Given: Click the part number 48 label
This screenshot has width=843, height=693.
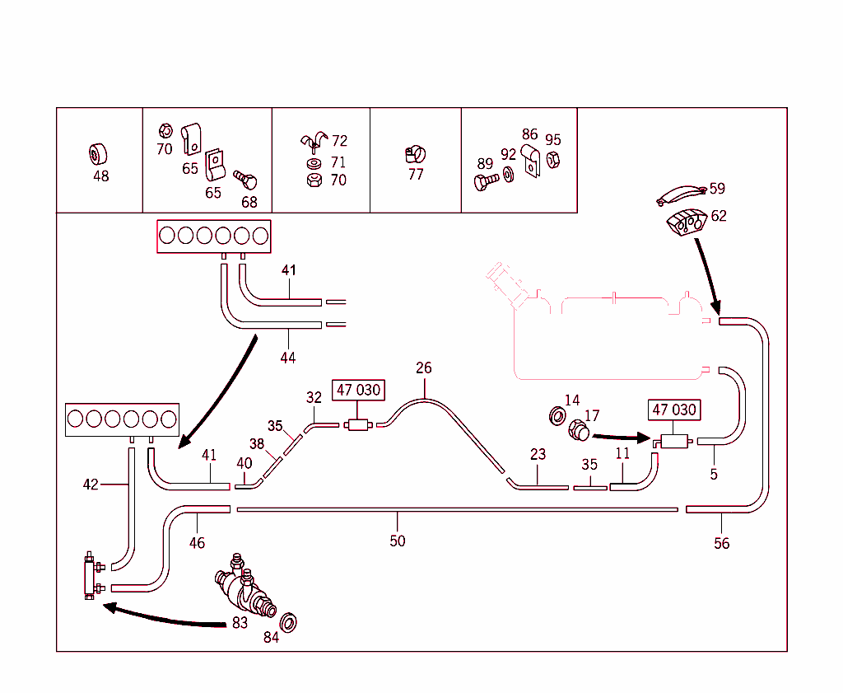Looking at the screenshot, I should (x=100, y=176).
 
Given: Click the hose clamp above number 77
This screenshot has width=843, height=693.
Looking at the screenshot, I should (x=415, y=153).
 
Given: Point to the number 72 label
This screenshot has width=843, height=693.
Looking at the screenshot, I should (x=339, y=142).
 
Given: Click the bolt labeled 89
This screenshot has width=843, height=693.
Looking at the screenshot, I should (x=487, y=179).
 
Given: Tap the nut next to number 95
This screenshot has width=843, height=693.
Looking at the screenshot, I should (x=553, y=159).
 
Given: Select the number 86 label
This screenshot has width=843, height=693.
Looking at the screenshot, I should (x=529, y=134).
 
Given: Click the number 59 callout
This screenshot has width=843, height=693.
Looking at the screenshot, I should (x=718, y=189).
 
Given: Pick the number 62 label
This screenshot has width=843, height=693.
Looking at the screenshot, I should (x=719, y=216).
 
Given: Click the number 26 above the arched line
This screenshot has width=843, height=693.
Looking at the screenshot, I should (x=423, y=368).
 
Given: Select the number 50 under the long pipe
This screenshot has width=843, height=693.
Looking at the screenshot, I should (x=398, y=541).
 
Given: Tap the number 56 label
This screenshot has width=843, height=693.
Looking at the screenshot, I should (x=721, y=544).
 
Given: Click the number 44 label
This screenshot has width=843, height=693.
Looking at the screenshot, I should (x=287, y=358).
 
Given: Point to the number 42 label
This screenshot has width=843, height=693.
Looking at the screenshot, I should (x=91, y=485).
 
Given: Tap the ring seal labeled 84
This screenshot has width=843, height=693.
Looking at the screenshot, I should (x=290, y=622).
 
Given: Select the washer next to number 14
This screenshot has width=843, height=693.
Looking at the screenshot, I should (x=556, y=414).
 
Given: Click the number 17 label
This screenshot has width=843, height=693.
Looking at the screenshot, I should (x=592, y=416).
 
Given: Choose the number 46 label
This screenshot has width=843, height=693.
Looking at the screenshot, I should (x=197, y=543).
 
